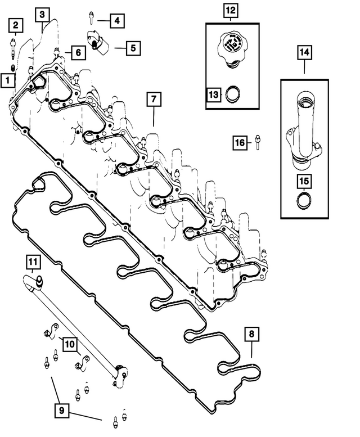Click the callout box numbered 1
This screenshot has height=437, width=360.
pyautogui.click(x=7, y=80)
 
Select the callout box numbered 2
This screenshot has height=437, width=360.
pyautogui.click(x=15, y=25)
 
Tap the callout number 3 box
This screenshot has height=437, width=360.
pyautogui.click(x=42, y=14)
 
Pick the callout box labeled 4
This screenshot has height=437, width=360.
pyautogui.click(x=116, y=21)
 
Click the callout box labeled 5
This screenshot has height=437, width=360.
pyautogui.click(x=133, y=48)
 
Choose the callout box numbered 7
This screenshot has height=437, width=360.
pyautogui.click(x=153, y=99)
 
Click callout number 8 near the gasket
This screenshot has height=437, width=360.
pyautogui.click(x=251, y=334)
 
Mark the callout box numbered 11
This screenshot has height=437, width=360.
pyautogui.click(x=33, y=262)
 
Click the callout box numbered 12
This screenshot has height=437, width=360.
pyautogui.click(x=231, y=10)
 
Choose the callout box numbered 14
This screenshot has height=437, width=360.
pyautogui.click(x=304, y=53)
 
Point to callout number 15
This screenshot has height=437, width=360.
pyautogui.click(x=304, y=181)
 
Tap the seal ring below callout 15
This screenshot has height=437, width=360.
pyautogui.click(x=304, y=201)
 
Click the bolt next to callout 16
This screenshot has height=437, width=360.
pyautogui.click(x=256, y=143)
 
